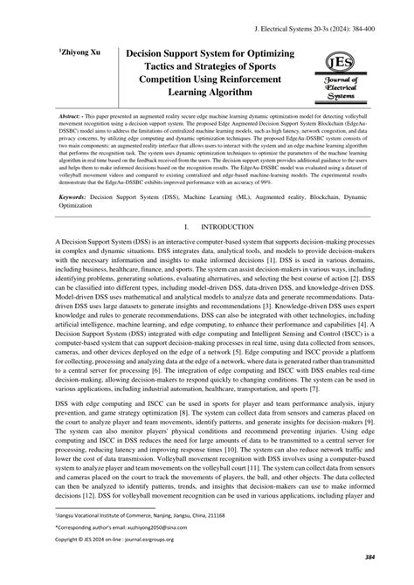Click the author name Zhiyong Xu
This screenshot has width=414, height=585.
click(52, 53)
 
